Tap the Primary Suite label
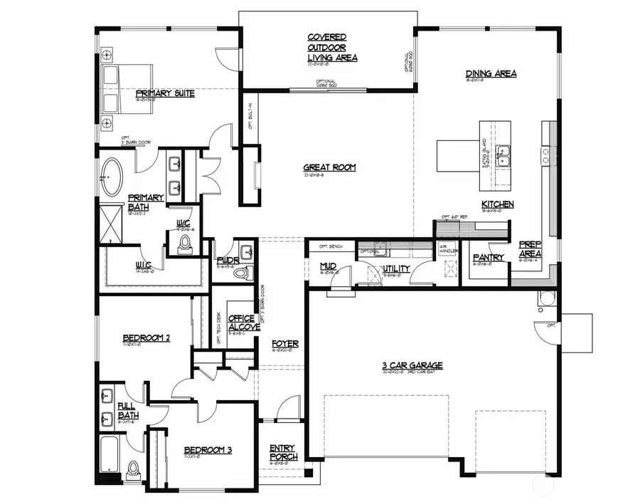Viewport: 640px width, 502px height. point(165,93)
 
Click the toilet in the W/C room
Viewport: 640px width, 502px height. point(186,245)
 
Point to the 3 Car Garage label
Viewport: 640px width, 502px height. point(412,365)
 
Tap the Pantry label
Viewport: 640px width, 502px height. point(488,258)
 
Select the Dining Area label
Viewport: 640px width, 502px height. point(491,73)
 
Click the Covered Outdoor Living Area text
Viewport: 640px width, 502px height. point(332,47)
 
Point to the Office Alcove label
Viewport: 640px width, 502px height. point(244,323)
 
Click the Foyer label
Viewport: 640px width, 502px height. point(285,344)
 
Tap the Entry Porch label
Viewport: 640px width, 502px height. point(283,452)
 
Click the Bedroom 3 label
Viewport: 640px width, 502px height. point(208,449)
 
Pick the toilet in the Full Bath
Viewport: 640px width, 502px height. point(133,469)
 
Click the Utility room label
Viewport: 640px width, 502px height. point(397,268)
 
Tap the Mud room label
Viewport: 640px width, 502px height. point(327,266)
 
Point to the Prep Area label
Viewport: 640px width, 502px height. point(530,249)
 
